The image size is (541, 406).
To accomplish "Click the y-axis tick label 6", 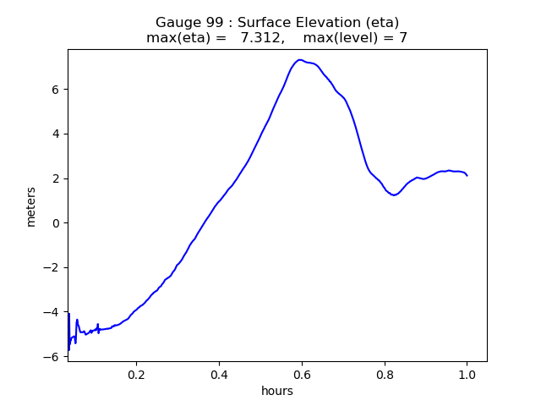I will point(56,90).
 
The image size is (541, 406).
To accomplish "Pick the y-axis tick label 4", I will point(56,134).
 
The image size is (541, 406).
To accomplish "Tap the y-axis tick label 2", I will point(56,178).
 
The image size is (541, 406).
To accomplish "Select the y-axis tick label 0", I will point(56,223).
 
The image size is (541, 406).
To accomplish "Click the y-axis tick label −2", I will point(52,268).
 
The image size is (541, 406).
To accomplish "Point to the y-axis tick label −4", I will point(52,312).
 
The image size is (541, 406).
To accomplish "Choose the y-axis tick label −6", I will point(52,357).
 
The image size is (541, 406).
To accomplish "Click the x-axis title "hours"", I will point(277,391).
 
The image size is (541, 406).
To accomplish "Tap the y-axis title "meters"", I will point(31,206).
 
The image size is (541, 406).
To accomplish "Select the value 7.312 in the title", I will point(262,38).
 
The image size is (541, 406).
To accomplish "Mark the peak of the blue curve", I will point(299,60).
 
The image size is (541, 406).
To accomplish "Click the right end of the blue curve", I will point(467,175).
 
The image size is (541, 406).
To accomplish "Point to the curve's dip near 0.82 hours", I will point(394,195).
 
